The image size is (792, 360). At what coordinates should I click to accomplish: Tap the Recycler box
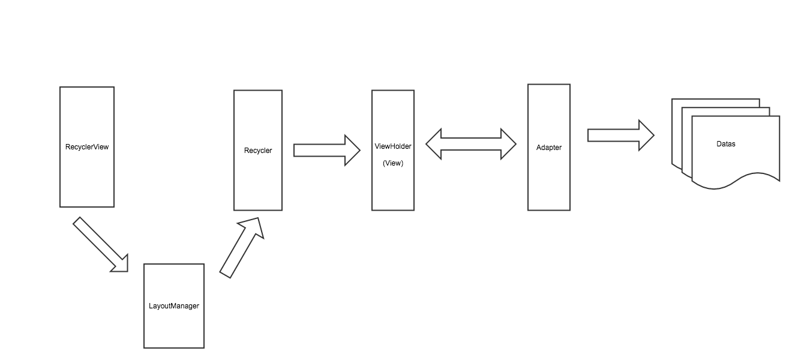pos(258,180)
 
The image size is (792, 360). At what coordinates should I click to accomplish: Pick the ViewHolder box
pos(393,186)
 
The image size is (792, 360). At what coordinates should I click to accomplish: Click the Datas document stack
pos(735,162)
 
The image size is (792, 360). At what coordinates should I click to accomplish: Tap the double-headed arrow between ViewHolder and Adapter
pos(471,144)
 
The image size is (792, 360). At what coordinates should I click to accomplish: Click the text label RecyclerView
pos(87,147)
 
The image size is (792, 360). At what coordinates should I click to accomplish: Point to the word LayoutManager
pos(174,306)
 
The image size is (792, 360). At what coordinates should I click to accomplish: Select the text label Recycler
pos(258,151)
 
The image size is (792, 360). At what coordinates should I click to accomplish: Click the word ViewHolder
pos(393,146)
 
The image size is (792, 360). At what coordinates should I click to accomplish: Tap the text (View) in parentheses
pos(393,163)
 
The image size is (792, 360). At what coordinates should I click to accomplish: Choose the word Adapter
pos(549,148)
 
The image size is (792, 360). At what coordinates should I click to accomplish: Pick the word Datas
pos(726,144)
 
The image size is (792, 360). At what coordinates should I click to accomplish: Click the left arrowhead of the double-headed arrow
pos(434,144)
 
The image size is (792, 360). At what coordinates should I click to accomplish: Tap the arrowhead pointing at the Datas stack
pos(646,135)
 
